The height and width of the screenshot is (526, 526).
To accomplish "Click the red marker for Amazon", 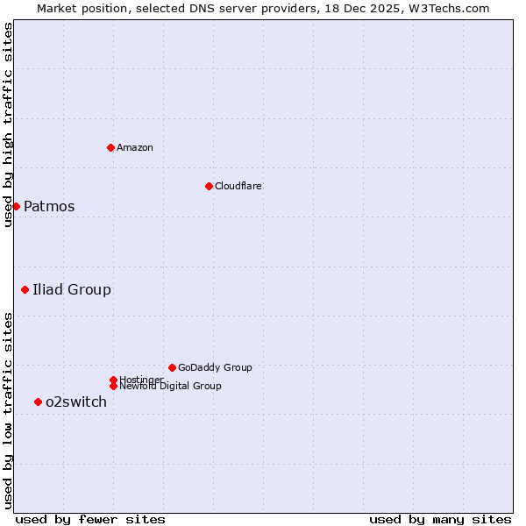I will [x=110, y=147].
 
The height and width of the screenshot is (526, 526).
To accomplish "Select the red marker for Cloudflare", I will [x=209, y=186].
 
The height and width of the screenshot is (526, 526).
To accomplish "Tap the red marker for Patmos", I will [x=16, y=206].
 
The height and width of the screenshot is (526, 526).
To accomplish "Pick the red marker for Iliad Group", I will [x=25, y=289].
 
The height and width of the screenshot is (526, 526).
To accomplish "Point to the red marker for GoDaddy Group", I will [x=172, y=367].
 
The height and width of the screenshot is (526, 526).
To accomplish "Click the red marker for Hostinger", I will [x=113, y=380].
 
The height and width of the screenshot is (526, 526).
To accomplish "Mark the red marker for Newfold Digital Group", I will [x=113, y=386].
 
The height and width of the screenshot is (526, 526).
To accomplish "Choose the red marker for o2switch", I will [x=38, y=402].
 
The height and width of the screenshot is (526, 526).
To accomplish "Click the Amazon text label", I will [x=135, y=147].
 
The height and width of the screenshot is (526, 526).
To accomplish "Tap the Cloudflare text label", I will [x=238, y=186].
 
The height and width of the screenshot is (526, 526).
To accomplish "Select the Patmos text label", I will [x=49, y=207].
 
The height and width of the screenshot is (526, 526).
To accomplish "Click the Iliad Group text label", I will [x=72, y=290].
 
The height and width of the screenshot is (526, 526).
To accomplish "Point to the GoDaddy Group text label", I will [x=215, y=367].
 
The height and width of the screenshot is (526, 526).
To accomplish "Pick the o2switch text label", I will [x=76, y=402].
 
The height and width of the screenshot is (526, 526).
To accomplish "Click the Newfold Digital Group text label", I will [x=170, y=386].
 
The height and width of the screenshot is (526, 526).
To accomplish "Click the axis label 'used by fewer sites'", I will [x=90, y=519].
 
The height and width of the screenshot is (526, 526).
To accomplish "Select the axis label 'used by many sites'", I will [x=440, y=519].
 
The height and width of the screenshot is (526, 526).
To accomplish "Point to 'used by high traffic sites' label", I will [x=8, y=124].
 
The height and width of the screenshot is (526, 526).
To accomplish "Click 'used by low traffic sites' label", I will [x=8, y=410].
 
